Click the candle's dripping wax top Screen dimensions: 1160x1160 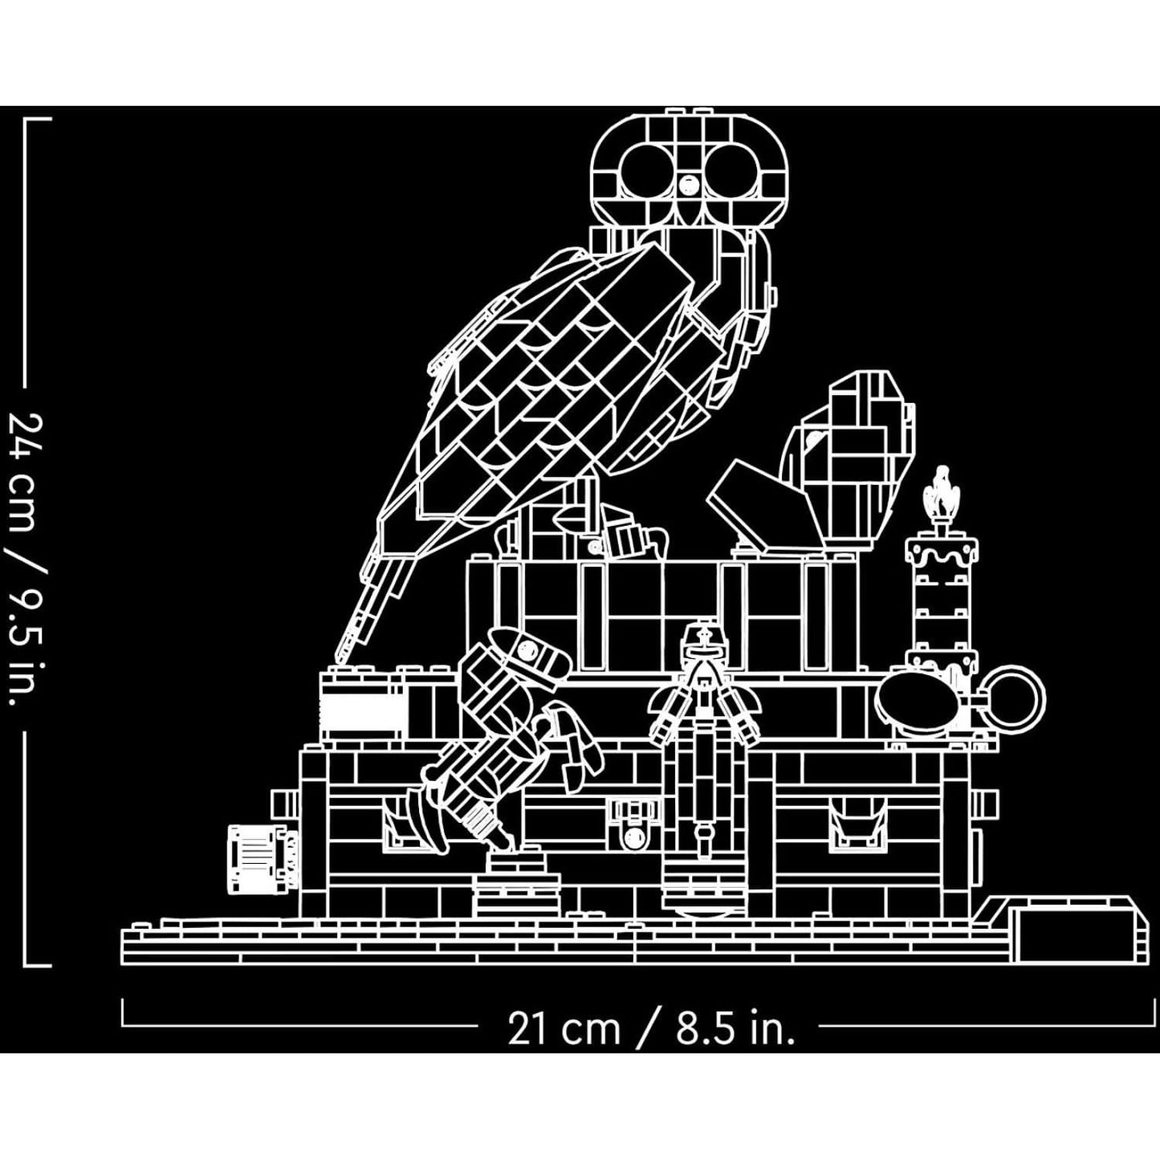[942, 554]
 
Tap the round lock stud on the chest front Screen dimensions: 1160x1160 [633, 838]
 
